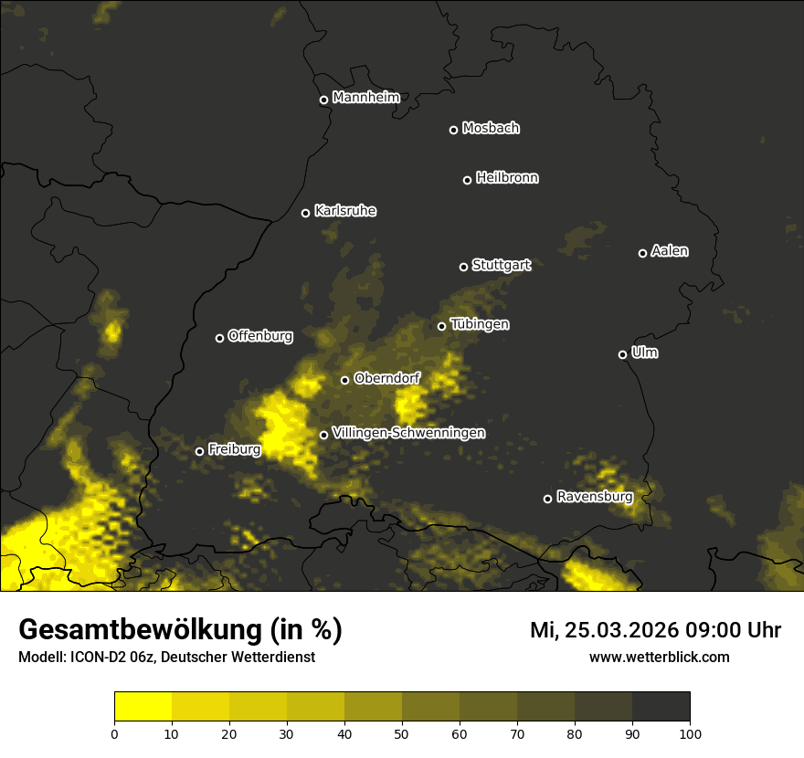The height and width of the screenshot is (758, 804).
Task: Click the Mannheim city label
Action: [366, 98]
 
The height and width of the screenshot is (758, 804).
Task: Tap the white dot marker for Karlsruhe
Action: [306, 213]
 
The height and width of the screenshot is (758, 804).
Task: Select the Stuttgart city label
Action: [501, 265]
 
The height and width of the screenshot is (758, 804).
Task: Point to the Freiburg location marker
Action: [199, 451]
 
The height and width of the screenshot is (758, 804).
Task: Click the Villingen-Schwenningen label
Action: [408, 433]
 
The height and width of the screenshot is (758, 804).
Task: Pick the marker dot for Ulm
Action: [622, 354]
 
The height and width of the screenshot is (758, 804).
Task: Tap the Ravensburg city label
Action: [594, 497]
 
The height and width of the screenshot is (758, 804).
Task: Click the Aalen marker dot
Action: [642, 253]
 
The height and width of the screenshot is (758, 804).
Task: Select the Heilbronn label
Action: [507, 178]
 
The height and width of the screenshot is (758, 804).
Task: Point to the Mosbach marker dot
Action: [453, 130]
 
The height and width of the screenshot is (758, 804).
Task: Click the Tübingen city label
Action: [480, 324]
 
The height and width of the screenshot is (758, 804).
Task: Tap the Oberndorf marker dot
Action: [344, 380]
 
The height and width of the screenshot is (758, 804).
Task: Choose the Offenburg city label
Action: [260, 336]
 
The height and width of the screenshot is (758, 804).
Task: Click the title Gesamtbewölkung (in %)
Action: [180, 629]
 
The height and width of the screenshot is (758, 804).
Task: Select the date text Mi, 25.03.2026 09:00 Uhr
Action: [655, 630]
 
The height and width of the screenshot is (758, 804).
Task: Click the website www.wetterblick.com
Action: [659, 657]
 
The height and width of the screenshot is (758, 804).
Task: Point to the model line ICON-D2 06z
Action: [166, 657]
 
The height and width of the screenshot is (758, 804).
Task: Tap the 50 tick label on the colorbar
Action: [402, 732]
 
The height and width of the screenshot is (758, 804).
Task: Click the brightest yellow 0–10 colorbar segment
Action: [143, 706]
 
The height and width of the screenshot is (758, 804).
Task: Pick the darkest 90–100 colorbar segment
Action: [661, 706]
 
